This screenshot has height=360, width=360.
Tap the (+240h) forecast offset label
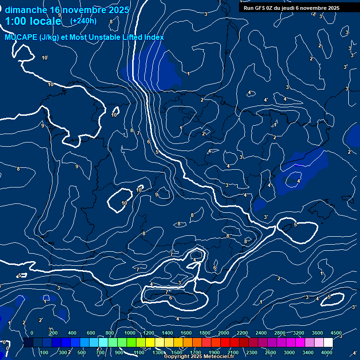point(83,21)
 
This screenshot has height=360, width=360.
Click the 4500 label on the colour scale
point(336,333)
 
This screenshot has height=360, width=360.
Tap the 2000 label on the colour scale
point(224,333)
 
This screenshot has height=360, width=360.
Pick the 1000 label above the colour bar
point(130,333)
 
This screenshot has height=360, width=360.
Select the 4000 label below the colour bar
point(327,352)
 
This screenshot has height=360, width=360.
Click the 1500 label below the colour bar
point(177,352)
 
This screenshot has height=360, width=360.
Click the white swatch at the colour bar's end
point(328,343)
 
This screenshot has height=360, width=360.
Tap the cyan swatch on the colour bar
point(94,343)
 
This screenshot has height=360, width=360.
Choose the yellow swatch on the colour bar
point(150,343)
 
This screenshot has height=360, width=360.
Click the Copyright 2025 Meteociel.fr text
point(199,357)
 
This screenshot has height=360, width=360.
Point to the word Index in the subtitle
point(154,37)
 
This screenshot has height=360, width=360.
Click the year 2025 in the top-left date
point(116,9)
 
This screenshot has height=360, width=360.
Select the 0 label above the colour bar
point(32,333)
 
